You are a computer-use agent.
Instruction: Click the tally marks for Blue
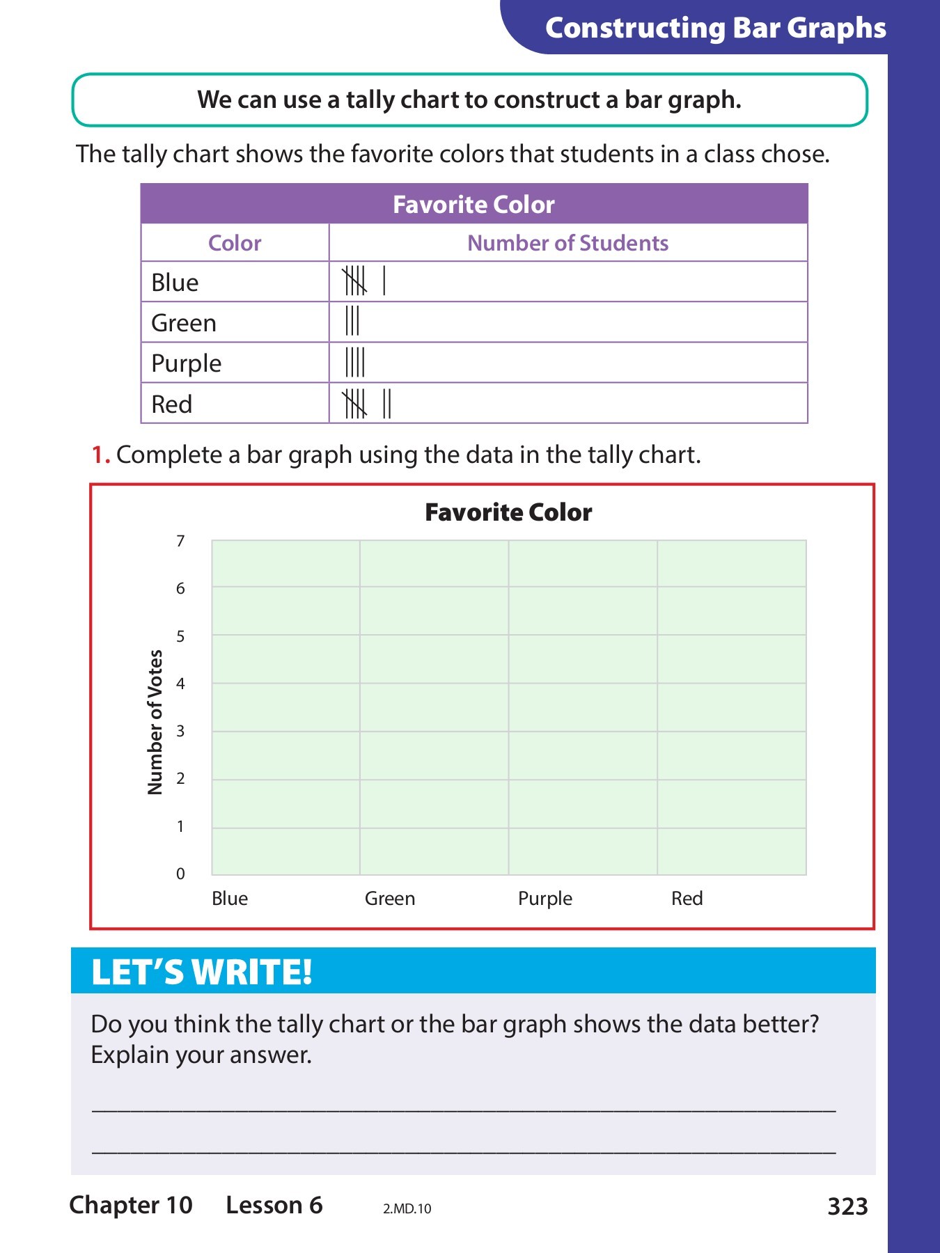click(x=363, y=281)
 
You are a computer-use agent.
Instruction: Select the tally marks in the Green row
click(x=352, y=321)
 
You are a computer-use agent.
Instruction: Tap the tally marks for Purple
click(x=354, y=362)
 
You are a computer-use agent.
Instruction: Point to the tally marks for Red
click(x=366, y=403)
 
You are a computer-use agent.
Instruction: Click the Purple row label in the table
click(x=186, y=363)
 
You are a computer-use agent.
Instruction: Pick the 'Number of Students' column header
click(x=567, y=243)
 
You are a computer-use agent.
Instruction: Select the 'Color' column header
click(x=235, y=243)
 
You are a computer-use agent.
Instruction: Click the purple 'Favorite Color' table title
click(x=473, y=205)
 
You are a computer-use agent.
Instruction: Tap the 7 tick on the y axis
click(x=180, y=541)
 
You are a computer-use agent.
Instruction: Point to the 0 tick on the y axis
click(x=180, y=874)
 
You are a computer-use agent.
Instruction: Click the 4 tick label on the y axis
click(x=180, y=684)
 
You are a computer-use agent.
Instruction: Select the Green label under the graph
click(x=390, y=899)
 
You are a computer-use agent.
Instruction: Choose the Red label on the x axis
click(x=687, y=899)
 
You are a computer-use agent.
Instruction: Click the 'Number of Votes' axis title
click(x=155, y=722)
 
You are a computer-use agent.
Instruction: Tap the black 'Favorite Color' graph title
click(x=508, y=512)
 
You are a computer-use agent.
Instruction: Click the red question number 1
click(x=100, y=455)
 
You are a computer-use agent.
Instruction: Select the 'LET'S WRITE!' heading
click(x=202, y=972)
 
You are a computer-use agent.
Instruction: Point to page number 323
click(x=847, y=1206)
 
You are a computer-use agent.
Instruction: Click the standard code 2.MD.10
click(x=407, y=1209)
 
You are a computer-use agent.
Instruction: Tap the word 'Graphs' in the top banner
click(x=836, y=28)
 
